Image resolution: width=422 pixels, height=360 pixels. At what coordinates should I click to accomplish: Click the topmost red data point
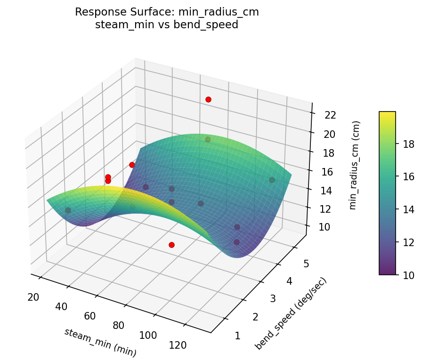208,99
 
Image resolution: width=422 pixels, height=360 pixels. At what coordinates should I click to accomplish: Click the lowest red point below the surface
171,245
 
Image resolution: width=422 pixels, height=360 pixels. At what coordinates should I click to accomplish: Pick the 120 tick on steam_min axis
177,345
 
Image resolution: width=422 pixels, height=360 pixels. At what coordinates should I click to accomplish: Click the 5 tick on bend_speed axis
306,264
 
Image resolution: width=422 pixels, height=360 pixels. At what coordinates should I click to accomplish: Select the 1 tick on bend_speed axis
238,336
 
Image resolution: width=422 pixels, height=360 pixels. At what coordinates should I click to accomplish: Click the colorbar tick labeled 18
408,144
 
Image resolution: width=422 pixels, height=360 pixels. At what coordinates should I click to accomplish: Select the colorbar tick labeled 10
408,274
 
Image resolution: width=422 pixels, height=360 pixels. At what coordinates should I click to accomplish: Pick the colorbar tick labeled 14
408,209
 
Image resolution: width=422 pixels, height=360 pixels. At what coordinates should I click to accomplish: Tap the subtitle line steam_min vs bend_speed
167,25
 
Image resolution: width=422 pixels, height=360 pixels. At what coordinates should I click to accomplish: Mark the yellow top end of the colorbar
387,113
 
